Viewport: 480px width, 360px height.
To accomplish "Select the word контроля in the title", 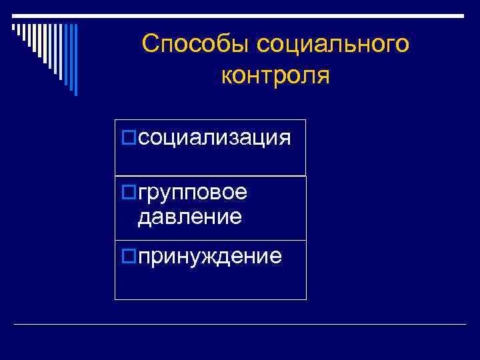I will click(x=275, y=75).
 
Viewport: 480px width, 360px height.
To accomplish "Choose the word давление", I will click(x=189, y=216).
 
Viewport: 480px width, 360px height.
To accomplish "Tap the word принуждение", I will click(x=210, y=255).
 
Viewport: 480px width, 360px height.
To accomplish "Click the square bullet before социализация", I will click(x=130, y=138).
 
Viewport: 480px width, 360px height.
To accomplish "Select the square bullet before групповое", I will click(x=130, y=193).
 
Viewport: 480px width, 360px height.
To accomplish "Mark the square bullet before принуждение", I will click(x=130, y=255).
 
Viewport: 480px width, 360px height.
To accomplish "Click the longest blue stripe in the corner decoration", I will click(x=75, y=59).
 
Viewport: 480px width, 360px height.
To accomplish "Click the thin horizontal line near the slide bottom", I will click(x=240, y=324).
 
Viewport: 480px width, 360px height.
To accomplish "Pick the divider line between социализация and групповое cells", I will click(x=210, y=176).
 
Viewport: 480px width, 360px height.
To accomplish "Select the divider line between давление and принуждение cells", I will click(x=210, y=240).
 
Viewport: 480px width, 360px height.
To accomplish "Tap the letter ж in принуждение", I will click(x=216, y=256).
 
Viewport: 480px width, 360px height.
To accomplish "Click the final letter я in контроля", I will click(x=323, y=76).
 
